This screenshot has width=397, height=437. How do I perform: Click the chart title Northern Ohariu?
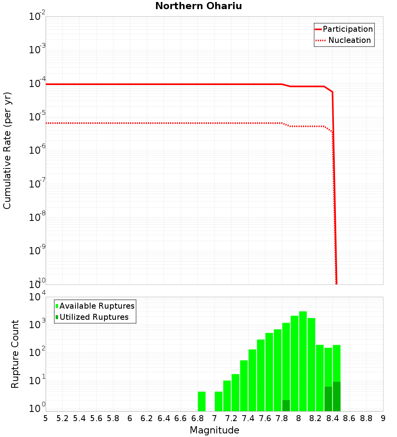click(x=198, y=6)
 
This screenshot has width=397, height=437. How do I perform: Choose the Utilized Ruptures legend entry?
click(x=94, y=317)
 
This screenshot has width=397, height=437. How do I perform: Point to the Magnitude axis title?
click(x=214, y=430)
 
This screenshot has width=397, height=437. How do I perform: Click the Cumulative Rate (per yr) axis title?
click(x=7, y=150)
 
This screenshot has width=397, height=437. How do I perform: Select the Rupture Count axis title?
click(x=15, y=354)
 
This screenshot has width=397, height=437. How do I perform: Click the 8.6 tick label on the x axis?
click(x=349, y=418)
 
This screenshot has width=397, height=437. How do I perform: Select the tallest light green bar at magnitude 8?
click(x=303, y=362)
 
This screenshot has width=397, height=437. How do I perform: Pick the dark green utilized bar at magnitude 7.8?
click(x=286, y=406)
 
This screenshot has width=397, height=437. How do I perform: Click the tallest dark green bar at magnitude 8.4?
click(x=337, y=396)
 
